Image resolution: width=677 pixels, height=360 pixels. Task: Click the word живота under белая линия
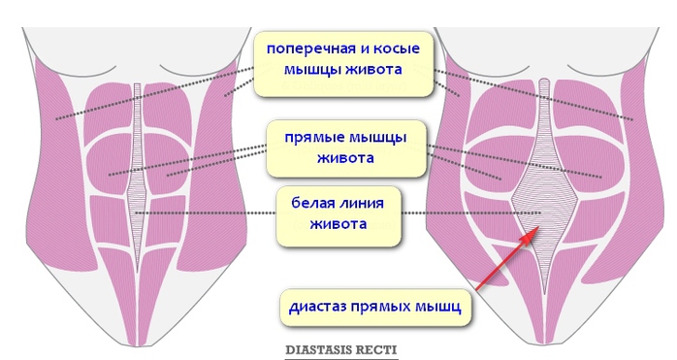coord(338,225)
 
